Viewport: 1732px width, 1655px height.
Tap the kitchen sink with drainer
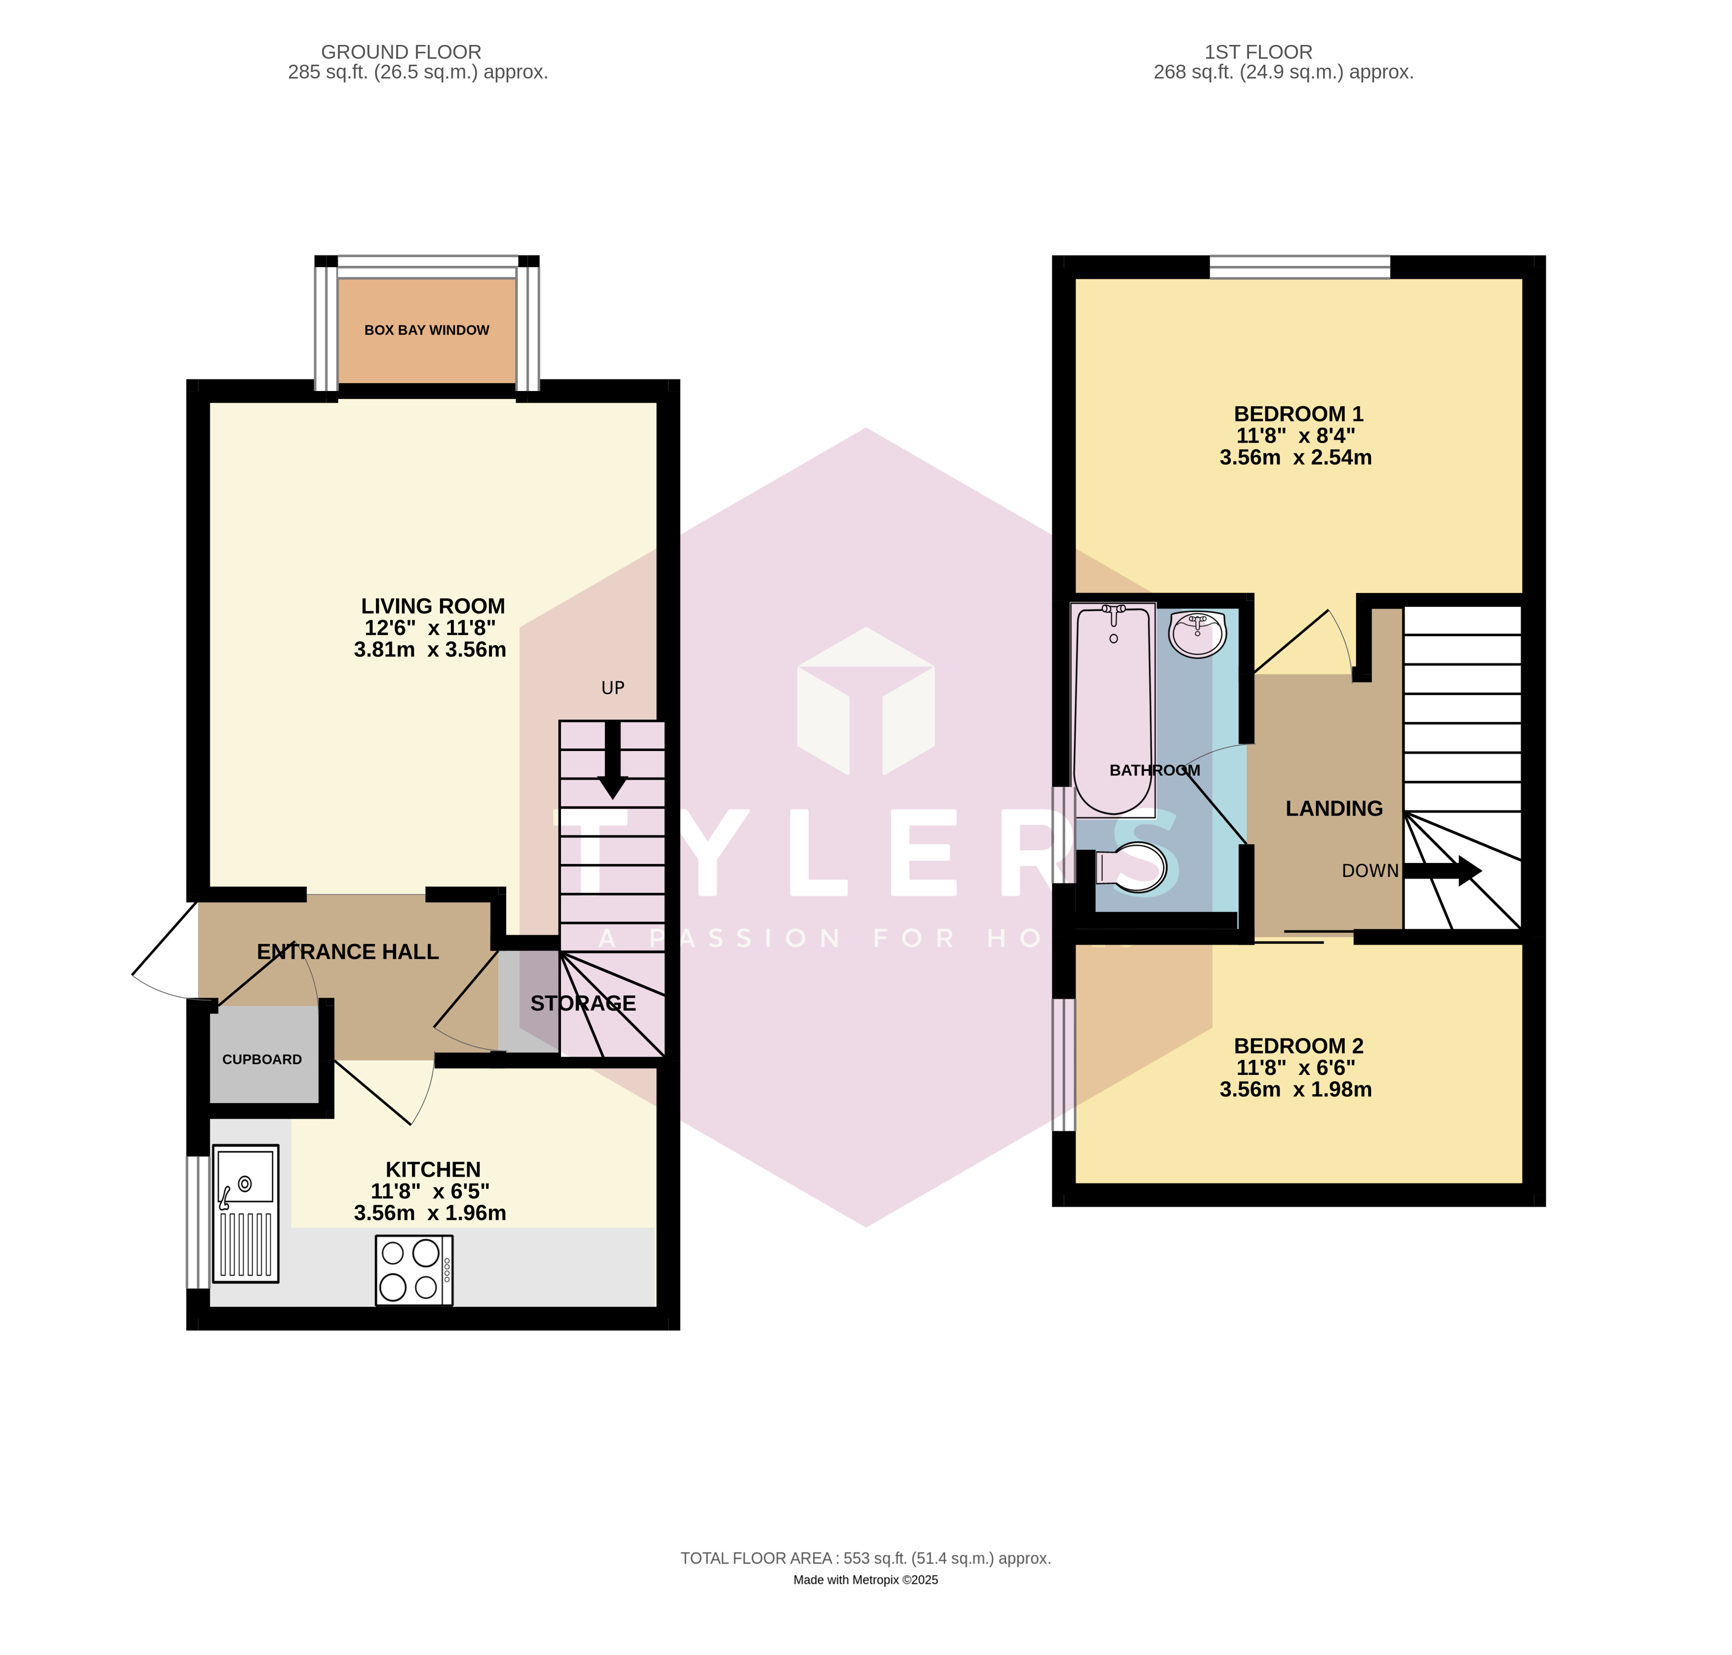[246, 1213]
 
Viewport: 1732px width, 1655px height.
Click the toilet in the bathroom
[1131, 867]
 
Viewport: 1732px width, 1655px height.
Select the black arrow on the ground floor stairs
[612, 760]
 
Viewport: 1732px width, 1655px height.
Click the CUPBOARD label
[262, 1060]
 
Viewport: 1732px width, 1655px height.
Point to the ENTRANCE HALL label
[348, 952]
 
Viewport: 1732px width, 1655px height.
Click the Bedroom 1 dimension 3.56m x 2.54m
[1295, 457]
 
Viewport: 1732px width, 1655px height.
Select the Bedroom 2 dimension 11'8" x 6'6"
[1295, 1067]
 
